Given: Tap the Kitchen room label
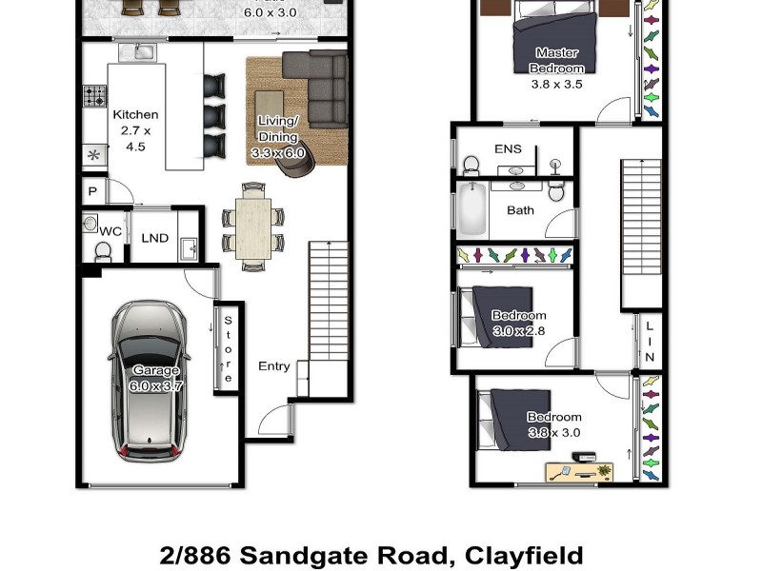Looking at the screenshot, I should pyautogui.click(x=135, y=115).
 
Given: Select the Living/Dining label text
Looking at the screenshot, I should pyautogui.click(x=278, y=128).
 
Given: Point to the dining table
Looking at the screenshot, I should pyautogui.click(x=253, y=228).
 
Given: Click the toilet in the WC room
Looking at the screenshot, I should pyautogui.click(x=103, y=251).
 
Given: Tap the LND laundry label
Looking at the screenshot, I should pyautogui.click(x=154, y=238).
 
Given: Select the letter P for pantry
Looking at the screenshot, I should pyautogui.click(x=92, y=191).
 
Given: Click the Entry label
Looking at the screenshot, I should pyautogui.click(x=274, y=366).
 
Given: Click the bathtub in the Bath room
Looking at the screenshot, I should pyautogui.click(x=472, y=211).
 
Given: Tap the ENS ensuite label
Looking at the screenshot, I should pyautogui.click(x=508, y=149).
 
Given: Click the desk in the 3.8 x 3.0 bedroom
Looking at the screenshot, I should pyautogui.click(x=579, y=471).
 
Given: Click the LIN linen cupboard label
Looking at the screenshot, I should pyautogui.click(x=651, y=342).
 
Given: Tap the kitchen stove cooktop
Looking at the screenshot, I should pyautogui.click(x=95, y=96).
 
